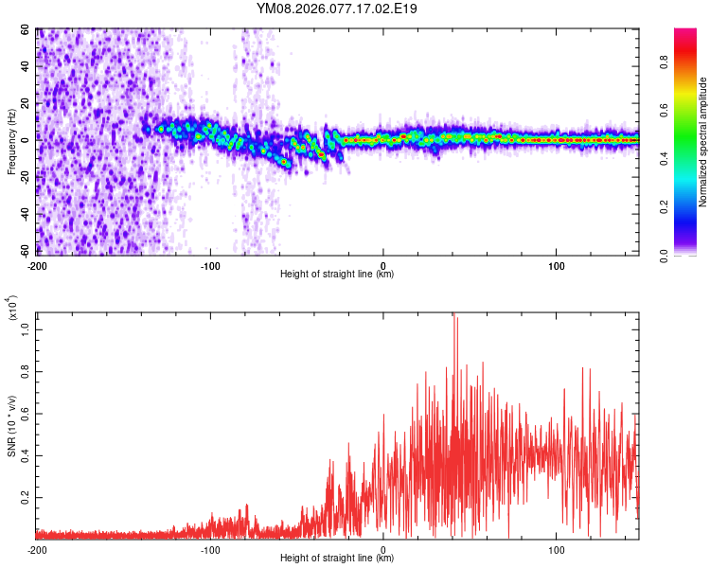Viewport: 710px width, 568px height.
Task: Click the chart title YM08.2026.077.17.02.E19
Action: (x=337, y=9)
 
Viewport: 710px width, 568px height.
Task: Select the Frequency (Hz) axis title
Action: (x=12, y=141)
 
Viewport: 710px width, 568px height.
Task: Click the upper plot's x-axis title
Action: (x=337, y=274)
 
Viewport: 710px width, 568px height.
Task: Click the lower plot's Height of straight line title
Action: (x=337, y=558)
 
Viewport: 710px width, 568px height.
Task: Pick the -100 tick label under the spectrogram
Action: (x=210, y=264)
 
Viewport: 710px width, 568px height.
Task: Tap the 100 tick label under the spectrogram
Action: (x=557, y=264)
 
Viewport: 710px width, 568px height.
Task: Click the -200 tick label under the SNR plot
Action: (x=38, y=548)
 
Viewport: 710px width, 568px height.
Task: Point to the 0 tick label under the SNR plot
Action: (x=383, y=548)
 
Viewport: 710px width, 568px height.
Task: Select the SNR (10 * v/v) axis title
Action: (x=12, y=425)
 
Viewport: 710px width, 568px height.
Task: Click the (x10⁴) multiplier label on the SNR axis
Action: (x=13, y=309)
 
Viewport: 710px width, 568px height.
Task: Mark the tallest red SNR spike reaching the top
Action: (x=454, y=316)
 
